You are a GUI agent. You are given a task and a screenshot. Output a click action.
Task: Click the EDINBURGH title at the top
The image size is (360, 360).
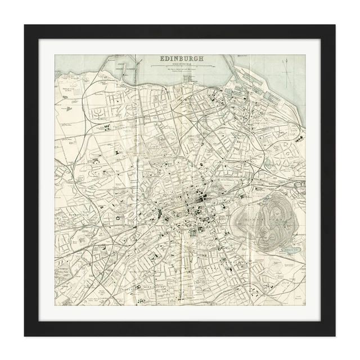point(181,58)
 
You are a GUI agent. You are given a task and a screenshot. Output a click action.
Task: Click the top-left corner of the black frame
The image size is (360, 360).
point(25,25)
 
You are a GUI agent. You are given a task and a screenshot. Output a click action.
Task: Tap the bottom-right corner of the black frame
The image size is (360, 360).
point(335,336)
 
